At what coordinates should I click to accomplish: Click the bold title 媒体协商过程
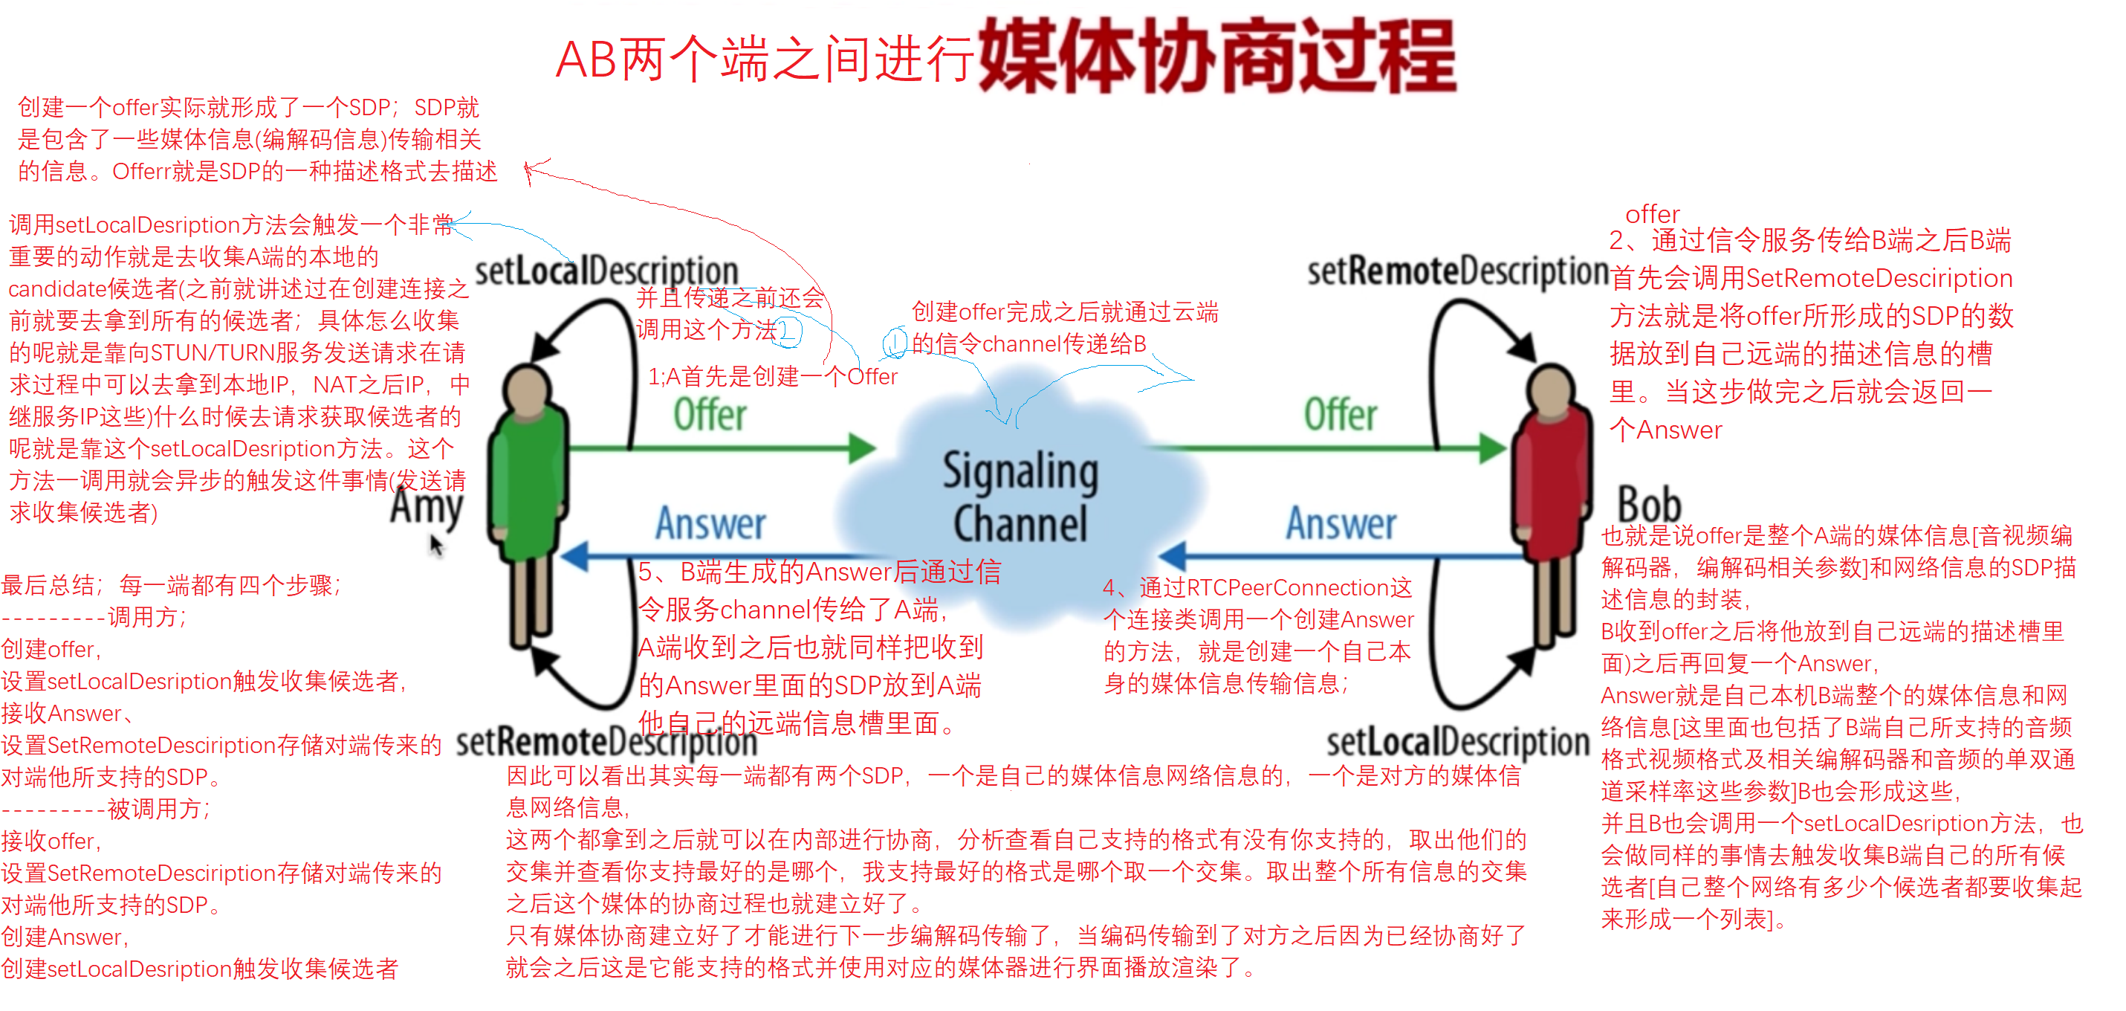(x=1217, y=56)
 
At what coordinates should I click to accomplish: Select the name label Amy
(x=426, y=505)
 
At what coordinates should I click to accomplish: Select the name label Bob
(x=1648, y=503)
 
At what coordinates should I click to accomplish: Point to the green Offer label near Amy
(x=710, y=414)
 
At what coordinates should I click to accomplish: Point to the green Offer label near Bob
(x=1341, y=414)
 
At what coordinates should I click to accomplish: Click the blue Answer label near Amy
(x=710, y=523)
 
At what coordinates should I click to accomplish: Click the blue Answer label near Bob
(x=1341, y=523)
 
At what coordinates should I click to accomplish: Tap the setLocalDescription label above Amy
(x=606, y=271)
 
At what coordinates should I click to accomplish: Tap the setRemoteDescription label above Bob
(x=1457, y=271)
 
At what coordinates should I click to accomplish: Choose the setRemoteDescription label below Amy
(x=606, y=741)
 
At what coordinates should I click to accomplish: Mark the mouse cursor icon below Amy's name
(x=435, y=545)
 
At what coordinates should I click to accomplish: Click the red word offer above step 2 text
(x=1652, y=214)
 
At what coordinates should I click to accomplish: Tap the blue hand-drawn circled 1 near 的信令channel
(x=895, y=343)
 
